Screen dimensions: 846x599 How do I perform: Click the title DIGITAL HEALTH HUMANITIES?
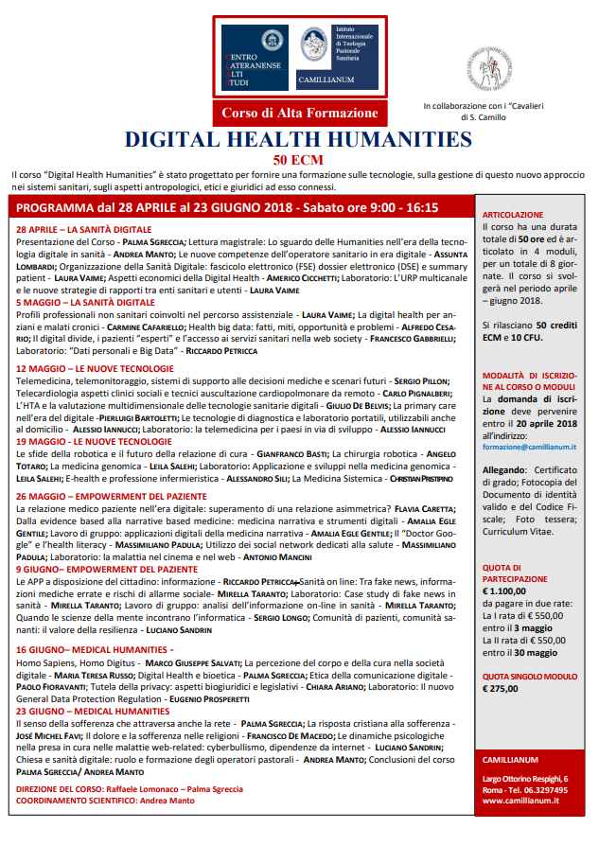pyautogui.click(x=298, y=140)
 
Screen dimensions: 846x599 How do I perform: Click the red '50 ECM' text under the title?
pyautogui.click(x=299, y=159)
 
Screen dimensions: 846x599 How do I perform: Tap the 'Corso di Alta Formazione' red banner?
pyautogui.click(x=298, y=114)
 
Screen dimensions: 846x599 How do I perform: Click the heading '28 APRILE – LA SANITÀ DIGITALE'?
pyautogui.click(x=83, y=230)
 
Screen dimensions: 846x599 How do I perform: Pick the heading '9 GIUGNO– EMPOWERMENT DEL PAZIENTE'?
pyautogui.click(x=106, y=570)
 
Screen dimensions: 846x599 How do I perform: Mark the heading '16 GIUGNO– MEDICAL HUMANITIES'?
pyautogui.click(x=97, y=649)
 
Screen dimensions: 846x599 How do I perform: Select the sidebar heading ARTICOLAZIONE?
pyautogui.click(x=513, y=215)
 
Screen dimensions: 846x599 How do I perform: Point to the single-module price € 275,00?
pyautogui.click(x=502, y=689)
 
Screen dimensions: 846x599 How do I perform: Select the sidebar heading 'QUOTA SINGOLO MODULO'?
pyautogui.click(x=531, y=677)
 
